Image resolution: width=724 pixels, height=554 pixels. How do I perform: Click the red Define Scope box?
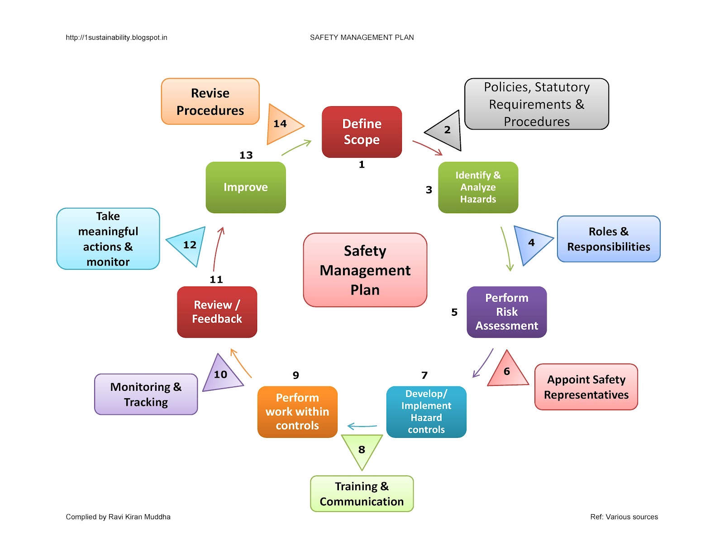click(362, 132)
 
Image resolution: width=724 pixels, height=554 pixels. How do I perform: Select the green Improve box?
click(245, 187)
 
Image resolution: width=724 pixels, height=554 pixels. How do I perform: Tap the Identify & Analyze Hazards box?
click(478, 187)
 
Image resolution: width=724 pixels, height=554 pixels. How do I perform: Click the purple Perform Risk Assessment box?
click(506, 312)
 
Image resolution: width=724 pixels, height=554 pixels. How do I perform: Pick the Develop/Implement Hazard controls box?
click(426, 412)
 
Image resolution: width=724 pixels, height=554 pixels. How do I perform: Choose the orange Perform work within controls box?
click(297, 412)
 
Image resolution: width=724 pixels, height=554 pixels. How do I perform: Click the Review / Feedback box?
click(217, 312)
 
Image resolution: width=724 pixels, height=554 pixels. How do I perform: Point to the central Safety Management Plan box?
click(365, 270)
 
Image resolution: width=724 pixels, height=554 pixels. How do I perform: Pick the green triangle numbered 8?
click(362, 449)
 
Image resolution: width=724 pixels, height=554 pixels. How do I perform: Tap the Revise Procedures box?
click(210, 102)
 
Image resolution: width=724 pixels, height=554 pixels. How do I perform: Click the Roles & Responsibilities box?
click(608, 239)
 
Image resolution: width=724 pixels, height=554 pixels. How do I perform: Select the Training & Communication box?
click(362, 493)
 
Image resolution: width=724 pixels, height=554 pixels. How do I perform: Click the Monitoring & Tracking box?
click(146, 394)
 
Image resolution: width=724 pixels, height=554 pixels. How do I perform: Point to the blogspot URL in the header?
click(116, 38)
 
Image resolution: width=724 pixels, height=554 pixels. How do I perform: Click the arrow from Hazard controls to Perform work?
click(362, 426)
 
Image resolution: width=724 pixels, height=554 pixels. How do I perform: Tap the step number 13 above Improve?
click(246, 155)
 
